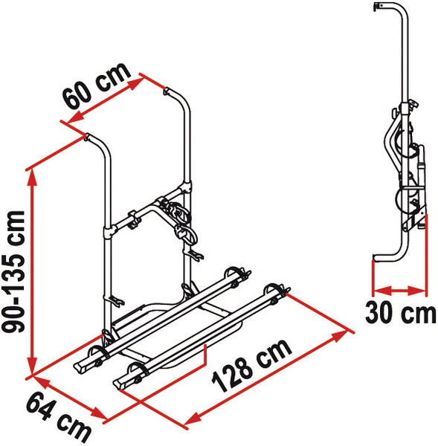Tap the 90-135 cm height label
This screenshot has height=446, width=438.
click(x=13, y=271)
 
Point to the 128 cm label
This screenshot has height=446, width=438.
click(x=252, y=365)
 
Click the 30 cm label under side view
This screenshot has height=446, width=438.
click(x=400, y=312)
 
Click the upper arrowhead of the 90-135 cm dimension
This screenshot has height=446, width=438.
click(x=33, y=178)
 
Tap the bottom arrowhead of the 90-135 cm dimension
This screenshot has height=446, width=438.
click(x=33, y=365)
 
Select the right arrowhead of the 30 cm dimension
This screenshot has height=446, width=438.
click(x=417, y=291)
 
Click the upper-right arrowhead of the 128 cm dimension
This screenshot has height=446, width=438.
click(x=341, y=334)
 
